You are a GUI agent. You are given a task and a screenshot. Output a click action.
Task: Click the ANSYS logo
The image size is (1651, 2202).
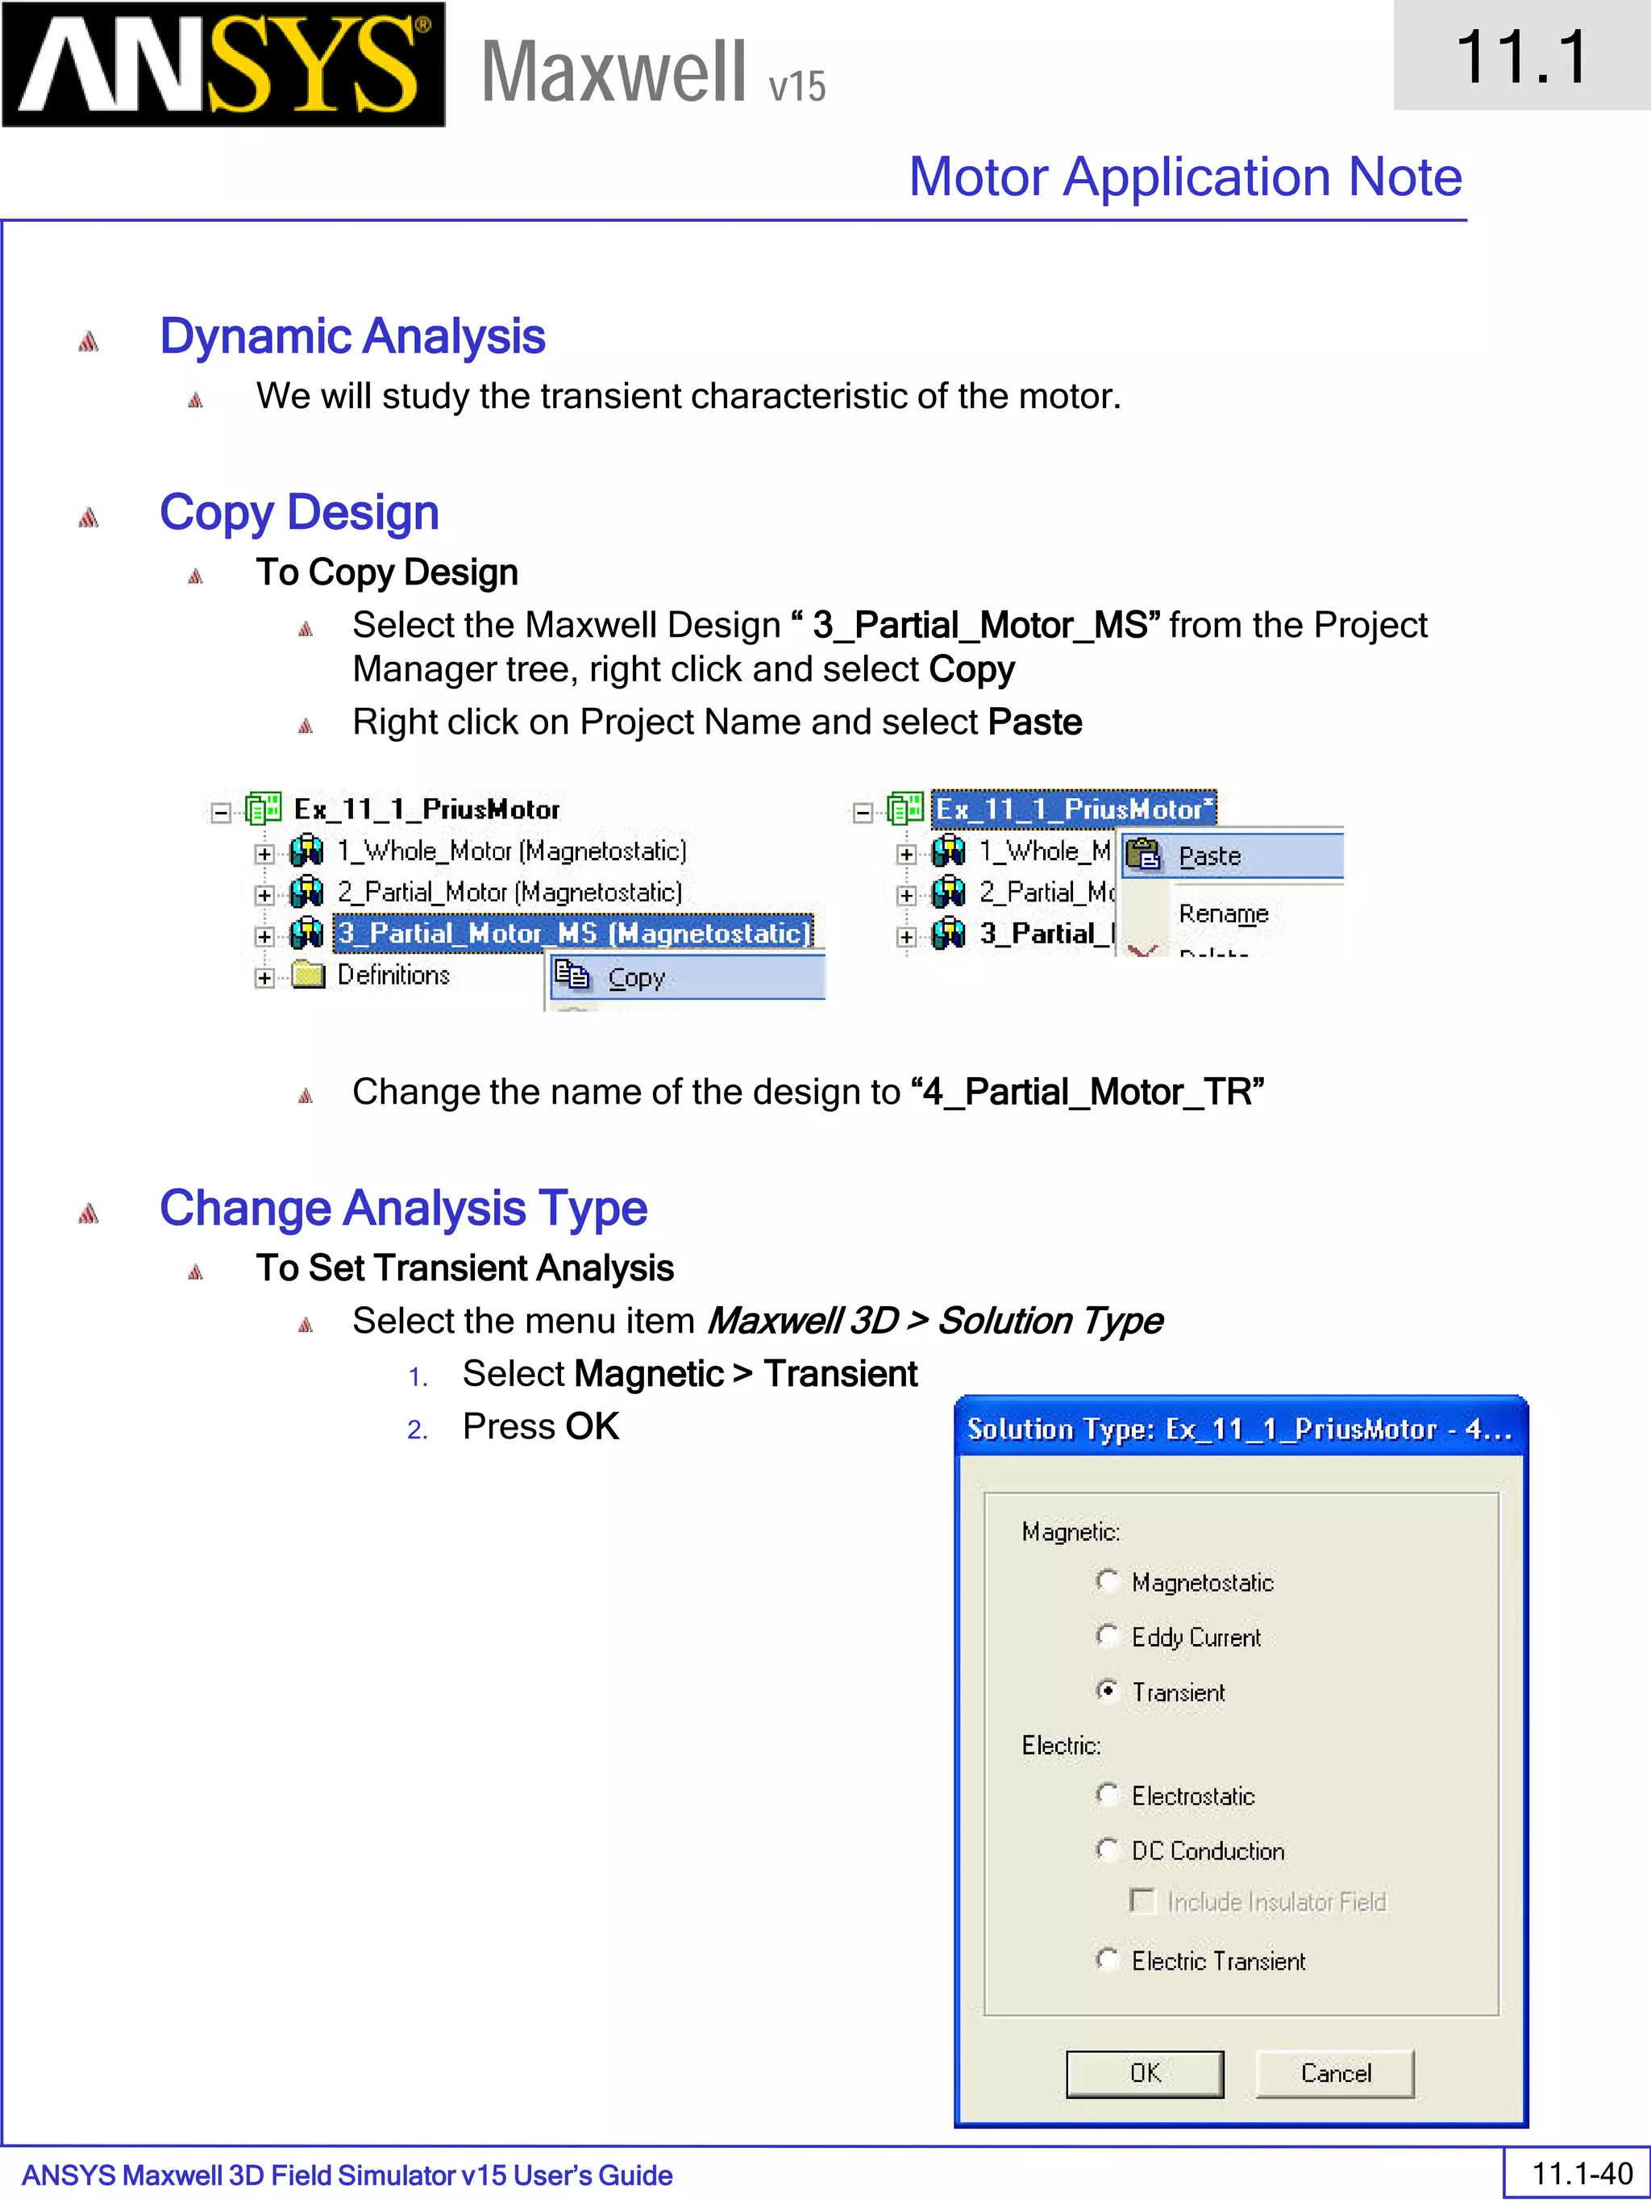click(x=223, y=65)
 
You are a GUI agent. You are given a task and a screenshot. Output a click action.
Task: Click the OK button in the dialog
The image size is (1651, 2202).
click(x=1145, y=2074)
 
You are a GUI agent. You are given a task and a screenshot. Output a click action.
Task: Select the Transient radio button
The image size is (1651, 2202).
click(x=1107, y=1690)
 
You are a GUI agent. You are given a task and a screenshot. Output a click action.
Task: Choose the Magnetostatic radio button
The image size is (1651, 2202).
click(x=1107, y=1581)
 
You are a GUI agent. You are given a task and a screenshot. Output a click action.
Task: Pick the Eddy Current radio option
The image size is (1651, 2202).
click(x=1107, y=1635)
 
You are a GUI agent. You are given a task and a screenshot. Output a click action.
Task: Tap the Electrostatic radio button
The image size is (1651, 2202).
click(x=1107, y=1794)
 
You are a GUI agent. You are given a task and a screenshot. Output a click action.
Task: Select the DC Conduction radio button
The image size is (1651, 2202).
click(x=1107, y=1849)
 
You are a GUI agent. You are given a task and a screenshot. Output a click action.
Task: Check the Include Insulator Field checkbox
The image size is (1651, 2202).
click(x=1142, y=1901)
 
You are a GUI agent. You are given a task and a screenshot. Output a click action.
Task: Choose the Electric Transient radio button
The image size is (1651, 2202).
click(x=1107, y=1959)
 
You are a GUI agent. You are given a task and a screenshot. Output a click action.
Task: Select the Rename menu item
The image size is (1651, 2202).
click(x=1223, y=913)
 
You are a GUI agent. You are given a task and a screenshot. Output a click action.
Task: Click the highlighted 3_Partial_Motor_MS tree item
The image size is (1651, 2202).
click(x=573, y=933)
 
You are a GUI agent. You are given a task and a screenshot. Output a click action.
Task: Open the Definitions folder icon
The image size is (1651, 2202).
click(x=309, y=975)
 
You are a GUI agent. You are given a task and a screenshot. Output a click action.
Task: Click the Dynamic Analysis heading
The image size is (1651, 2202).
click(x=352, y=335)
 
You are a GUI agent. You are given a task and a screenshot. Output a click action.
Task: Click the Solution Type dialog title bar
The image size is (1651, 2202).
click(x=1240, y=1430)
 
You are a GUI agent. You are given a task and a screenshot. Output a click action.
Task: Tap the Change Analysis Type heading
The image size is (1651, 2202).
click(x=403, y=1209)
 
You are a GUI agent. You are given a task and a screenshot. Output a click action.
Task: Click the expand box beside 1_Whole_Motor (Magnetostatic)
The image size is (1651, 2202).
click(x=264, y=853)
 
